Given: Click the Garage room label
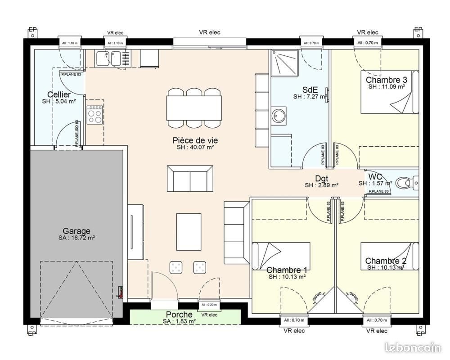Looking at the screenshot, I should coord(76,231).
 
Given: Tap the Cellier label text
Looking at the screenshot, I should coord(58,94).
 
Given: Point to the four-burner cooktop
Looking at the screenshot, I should coord(94,115).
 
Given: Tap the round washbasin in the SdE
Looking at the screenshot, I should coord(279,115).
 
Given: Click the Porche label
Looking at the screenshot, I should coord(179,315).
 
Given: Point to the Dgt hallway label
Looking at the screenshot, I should coord(322,178).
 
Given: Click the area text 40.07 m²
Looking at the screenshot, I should coord(194,147).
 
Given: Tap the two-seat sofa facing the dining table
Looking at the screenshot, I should coord(190,178).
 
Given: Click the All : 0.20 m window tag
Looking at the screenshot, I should coord(209,305).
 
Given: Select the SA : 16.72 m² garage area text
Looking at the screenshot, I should coord(76,238).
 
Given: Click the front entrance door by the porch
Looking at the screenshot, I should coord(162,288).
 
